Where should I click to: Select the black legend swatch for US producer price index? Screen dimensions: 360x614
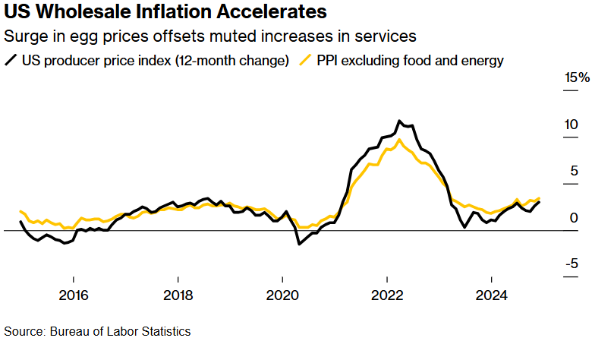click(x=11, y=61)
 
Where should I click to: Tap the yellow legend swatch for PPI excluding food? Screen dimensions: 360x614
click(x=307, y=61)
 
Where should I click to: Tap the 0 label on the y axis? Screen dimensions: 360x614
click(x=575, y=218)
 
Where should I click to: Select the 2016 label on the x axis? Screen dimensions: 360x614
click(x=73, y=295)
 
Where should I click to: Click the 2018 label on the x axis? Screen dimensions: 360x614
click(x=178, y=295)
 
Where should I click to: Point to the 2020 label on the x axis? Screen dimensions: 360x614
click(x=282, y=295)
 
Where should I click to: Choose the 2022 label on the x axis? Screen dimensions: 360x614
click(x=387, y=295)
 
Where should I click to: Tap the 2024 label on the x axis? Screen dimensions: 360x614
click(x=492, y=295)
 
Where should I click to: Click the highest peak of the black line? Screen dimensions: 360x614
click(x=398, y=121)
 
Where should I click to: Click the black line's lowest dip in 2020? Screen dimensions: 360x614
click(x=299, y=244)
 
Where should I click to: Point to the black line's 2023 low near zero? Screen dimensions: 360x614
click(x=464, y=226)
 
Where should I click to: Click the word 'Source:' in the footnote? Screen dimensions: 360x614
click(x=25, y=331)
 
